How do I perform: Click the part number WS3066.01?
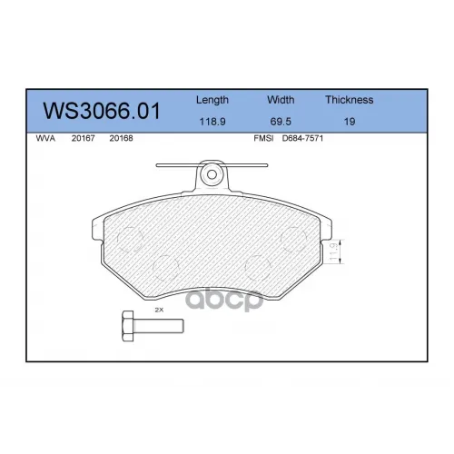102,111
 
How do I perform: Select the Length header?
212,100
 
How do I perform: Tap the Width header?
281,100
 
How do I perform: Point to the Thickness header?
350,100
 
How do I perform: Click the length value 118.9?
212,122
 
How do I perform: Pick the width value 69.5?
281,122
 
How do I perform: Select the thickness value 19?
350,122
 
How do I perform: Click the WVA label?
45,138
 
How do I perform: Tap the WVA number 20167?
83,138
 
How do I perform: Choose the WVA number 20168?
121,138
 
